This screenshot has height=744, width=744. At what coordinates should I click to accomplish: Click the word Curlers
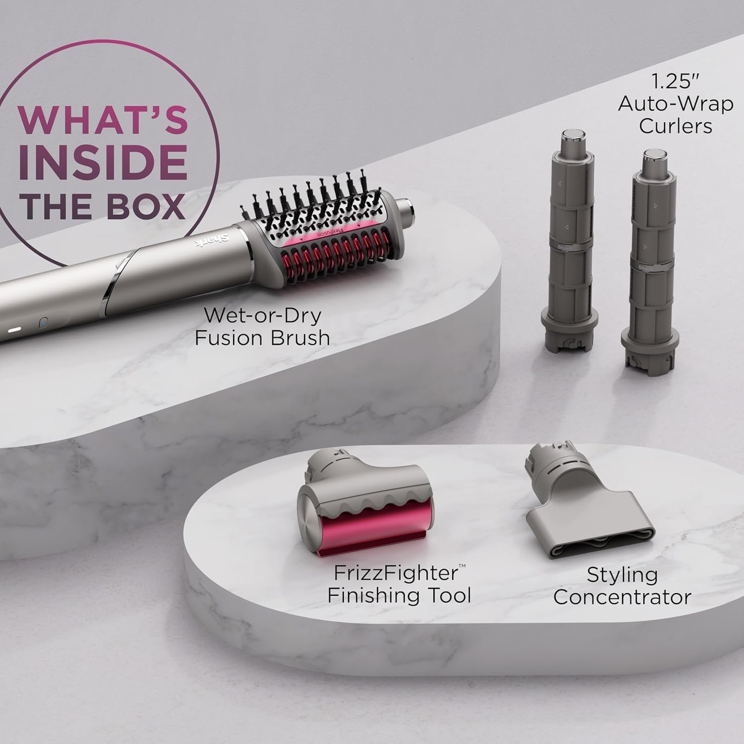coord(675,125)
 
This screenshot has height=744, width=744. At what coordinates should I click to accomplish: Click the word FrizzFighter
coord(396,573)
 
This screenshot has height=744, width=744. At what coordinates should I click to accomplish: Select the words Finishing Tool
coord(399,595)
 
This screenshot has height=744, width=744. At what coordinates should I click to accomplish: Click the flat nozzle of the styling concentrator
coord(585,521)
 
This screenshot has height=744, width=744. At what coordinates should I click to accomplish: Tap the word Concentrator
coord(622,597)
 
